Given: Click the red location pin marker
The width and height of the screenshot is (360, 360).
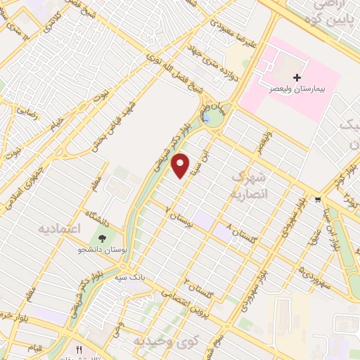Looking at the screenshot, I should [x=181, y=166].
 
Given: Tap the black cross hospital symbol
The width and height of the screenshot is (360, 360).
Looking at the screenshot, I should [x=297, y=77].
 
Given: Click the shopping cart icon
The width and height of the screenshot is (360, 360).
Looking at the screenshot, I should [x=319, y=199].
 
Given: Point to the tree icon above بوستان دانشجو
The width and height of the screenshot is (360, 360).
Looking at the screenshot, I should [x=103, y=238].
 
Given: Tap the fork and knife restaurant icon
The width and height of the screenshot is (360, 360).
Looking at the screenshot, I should [x=79, y=349].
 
